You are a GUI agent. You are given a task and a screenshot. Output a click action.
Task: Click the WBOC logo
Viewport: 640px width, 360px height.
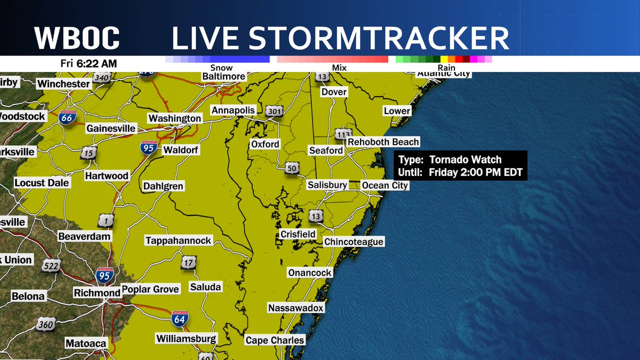pyautogui.click(x=77, y=39)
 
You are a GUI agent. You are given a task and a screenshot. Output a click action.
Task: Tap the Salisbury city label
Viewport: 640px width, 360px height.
pyautogui.click(x=327, y=185)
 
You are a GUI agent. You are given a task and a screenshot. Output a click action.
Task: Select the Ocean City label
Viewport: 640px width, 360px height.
pyautogui.click(x=385, y=185)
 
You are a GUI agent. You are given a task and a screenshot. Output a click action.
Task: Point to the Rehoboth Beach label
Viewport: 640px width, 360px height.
pyautogui.click(x=383, y=142)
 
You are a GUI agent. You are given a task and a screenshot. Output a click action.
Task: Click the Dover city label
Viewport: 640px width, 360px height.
pyautogui.click(x=334, y=92)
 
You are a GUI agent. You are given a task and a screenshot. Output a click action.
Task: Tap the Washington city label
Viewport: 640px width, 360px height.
pyautogui.click(x=174, y=118)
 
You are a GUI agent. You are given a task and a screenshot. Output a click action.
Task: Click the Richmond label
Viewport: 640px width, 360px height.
pyautogui.click(x=97, y=293)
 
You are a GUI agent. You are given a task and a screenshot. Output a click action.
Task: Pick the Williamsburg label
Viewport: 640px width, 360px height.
pyautogui.click(x=186, y=339)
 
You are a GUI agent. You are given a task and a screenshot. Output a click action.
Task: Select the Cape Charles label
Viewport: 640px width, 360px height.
pyautogui.click(x=275, y=340)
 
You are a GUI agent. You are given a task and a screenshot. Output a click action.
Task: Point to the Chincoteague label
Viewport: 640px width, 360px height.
pyautogui.click(x=354, y=242)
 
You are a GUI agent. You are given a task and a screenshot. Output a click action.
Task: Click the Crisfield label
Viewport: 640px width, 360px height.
pyautogui.click(x=298, y=234)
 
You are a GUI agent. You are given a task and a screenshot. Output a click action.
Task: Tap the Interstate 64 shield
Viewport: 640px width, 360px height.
pyautogui.click(x=179, y=318)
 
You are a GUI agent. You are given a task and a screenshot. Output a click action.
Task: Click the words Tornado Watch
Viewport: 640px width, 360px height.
pyautogui.click(x=466, y=159)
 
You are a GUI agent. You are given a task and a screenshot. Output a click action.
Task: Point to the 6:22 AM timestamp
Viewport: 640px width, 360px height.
pyautogui.click(x=96, y=63)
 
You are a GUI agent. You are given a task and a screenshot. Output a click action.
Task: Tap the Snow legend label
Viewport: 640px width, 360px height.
pyautogui.click(x=221, y=68)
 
